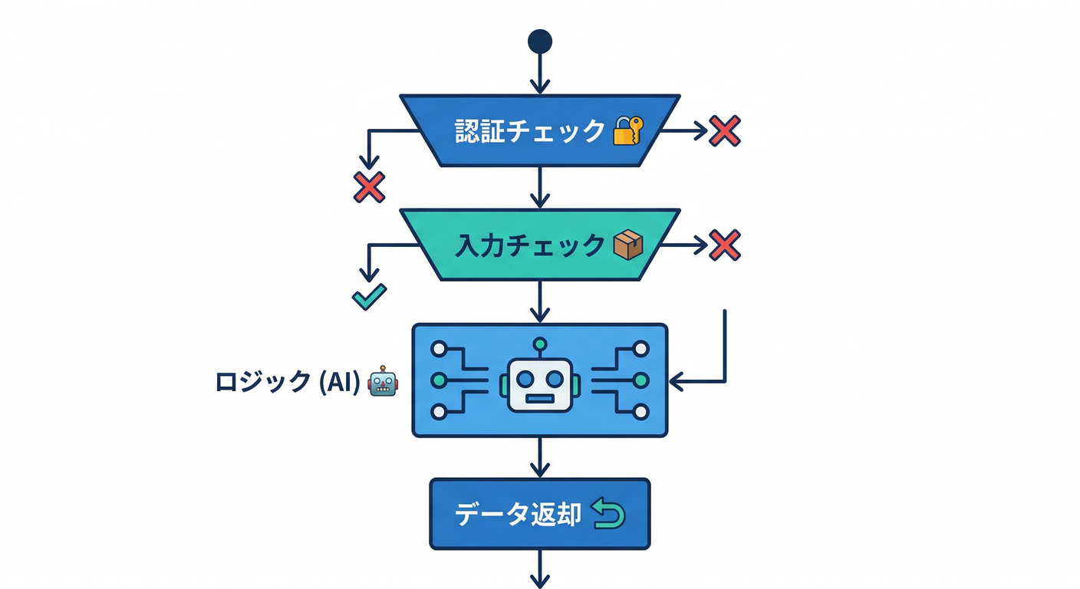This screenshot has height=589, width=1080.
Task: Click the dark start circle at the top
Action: pyautogui.click(x=540, y=41)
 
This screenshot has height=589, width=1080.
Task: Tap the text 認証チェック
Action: pyautogui.click(x=530, y=131)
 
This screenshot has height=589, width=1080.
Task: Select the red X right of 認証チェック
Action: pyautogui.click(x=724, y=131)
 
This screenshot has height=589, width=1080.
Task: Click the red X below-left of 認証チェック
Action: pyautogui.click(x=369, y=187)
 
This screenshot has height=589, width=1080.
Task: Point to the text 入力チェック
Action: pyautogui.click(x=530, y=245)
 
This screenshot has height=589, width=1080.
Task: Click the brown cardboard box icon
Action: pyautogui.click(x=628, y=245)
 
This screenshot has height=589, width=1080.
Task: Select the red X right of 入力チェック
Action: pyautogui.click(x=724, y=245)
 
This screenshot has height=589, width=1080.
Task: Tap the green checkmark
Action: pyautogui.click(x=369, y=298)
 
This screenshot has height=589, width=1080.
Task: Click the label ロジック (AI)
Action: pyautogui.click(x=288, y=381)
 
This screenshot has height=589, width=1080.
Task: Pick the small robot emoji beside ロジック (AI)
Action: pyautogui.click(x=383, y=381)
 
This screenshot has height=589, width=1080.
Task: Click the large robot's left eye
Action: pyautogui.click(x=525, y=379)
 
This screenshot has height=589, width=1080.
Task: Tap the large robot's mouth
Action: pyautogui.click(x=540, y=399)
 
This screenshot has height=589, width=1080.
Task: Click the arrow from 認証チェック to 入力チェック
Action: pyautogui.click(x=540, y=186)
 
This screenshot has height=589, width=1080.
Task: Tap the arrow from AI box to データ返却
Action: pyautogui.click(x=540, y=457)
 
